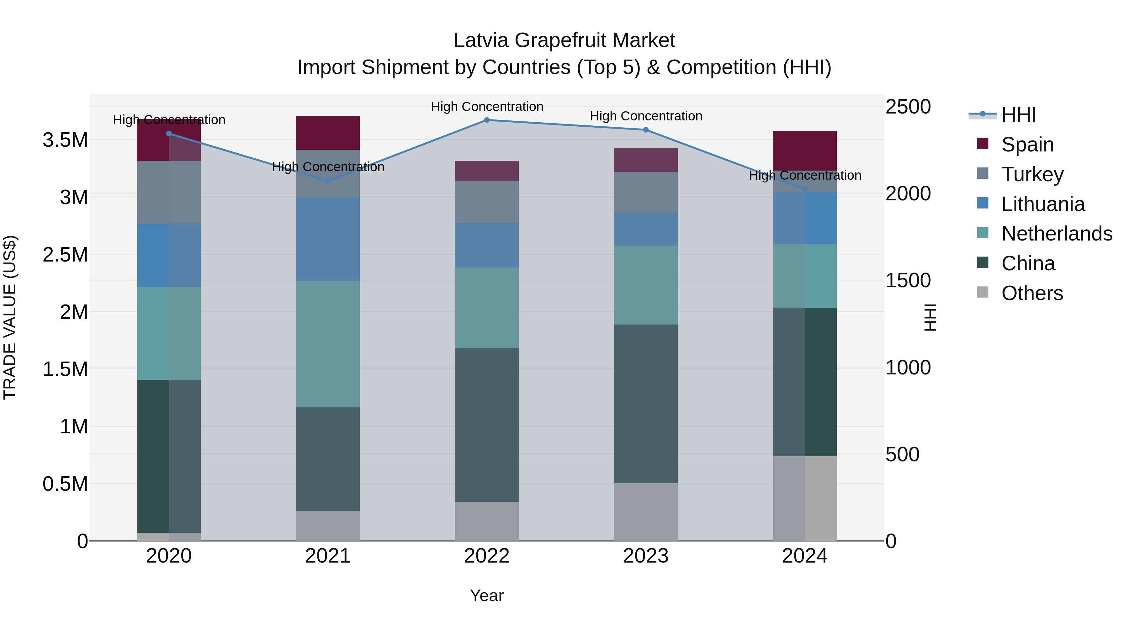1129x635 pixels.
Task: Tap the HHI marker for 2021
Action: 327,181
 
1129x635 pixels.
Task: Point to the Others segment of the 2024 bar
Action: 805,498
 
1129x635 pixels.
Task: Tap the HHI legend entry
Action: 1018,115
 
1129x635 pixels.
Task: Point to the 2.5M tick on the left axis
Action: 65,255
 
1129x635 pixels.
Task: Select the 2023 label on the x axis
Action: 646,556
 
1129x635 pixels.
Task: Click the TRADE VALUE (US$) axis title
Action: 10,317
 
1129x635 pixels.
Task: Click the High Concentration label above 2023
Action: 646,116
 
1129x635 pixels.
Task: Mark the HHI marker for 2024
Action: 805,189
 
